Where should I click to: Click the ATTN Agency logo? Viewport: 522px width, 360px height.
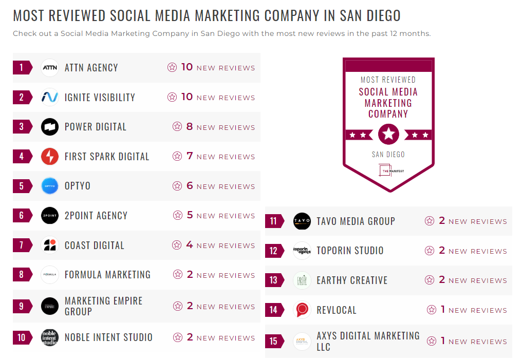(x=50, y=68)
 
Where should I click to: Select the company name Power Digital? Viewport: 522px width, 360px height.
(x=95, y=127)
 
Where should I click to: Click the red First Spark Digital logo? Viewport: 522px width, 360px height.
(x=50, y=157)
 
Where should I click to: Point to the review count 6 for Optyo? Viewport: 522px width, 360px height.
(x=190, y=186)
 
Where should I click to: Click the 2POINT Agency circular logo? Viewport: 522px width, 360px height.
(x=50, y=216)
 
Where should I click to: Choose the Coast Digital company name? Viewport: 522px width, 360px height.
(x=94, y=245)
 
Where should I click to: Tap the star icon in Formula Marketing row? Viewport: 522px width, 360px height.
(x=178, y=275)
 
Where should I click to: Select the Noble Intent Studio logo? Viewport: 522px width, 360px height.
(x=50, y=337)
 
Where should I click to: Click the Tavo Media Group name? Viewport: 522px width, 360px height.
(x=356, y=221)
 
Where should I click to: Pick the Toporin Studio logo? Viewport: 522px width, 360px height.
(x=302, y=251)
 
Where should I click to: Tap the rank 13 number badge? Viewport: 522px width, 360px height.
(x=274, y=280)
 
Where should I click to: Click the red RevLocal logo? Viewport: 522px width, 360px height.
(x=302, y=310)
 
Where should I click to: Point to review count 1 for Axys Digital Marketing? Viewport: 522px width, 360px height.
(x=442, y=341)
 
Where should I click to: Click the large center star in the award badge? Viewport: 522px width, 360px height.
(x=388, y=135)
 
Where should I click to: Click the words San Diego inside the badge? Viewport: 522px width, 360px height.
(x=388, y=154)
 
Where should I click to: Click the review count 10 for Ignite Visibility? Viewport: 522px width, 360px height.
(x=187, y=97)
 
